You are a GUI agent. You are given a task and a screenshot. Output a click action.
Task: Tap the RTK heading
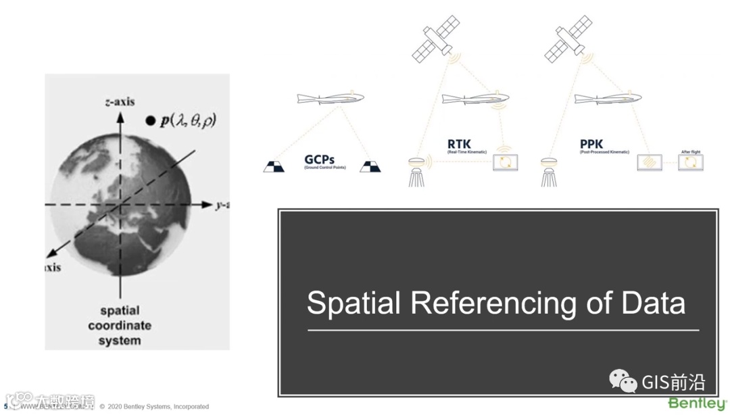point(460,143)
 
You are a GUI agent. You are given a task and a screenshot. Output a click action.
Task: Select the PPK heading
point(591,143)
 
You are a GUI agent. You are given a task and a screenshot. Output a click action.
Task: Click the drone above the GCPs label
point(331,99)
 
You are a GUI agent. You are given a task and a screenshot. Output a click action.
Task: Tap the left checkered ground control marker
point(274,166)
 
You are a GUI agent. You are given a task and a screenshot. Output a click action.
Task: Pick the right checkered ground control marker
point(370,166)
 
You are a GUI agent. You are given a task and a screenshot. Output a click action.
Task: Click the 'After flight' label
point(690,152)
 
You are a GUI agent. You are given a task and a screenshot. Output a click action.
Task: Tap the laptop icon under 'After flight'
point(691,163)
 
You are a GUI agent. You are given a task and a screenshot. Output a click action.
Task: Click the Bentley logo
point(698,404)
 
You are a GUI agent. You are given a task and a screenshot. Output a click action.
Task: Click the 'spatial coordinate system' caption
point(120,325)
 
